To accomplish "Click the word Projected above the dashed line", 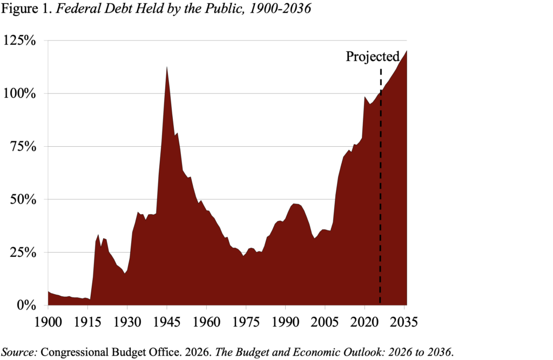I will (373, 57).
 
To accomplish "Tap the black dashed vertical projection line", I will (380, 189).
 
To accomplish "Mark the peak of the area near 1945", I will (167, 67).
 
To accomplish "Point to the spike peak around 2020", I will (365, 97).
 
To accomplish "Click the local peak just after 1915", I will (98, 235).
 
